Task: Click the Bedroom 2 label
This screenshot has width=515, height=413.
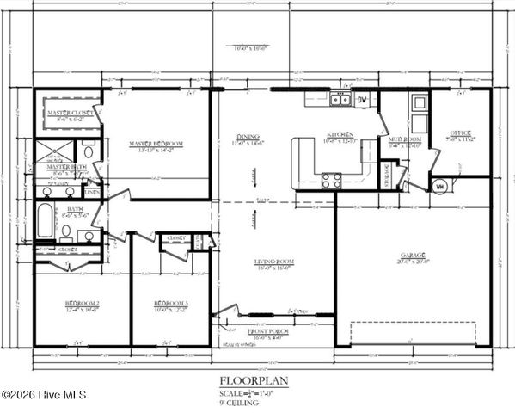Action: pos(83,304)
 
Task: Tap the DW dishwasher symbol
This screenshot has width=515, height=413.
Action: pos(362,100)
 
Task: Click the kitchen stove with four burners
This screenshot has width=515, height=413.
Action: pos(331,180)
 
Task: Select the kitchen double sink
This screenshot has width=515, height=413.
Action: pos(340,100)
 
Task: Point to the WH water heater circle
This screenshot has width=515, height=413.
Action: pos(438,184)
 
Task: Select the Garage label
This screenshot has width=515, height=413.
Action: pos(414,256)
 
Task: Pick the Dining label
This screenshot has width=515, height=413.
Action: pos(249,137)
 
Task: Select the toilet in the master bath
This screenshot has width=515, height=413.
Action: pos(92,154)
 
